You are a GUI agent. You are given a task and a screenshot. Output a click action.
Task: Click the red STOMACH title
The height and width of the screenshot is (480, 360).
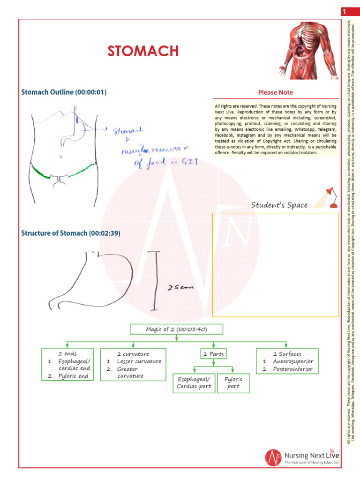(x=143, y=51)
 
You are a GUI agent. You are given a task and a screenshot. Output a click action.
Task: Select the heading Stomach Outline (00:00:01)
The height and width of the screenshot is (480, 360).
(x=64, y=92)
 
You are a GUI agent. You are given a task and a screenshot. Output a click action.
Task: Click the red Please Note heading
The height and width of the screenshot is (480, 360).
(x=276, y=92)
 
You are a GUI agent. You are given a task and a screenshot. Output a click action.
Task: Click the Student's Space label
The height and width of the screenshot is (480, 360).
(x=279, y=205)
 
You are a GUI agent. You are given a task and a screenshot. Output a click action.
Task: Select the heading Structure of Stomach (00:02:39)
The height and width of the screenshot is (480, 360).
(x=70, y=233)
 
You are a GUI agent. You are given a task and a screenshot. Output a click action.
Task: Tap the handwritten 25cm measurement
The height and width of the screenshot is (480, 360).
(x=180, y=289)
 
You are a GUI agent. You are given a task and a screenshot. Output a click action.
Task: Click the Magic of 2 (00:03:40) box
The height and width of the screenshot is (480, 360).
(x=176, y=329)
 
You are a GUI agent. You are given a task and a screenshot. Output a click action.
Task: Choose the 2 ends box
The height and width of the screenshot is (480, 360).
(x=68, y=364)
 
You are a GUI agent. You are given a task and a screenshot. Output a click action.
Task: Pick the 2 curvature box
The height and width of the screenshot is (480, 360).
(x=133, y=364)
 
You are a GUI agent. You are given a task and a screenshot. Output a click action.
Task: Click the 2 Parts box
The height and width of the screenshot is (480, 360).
(x=213, y=354)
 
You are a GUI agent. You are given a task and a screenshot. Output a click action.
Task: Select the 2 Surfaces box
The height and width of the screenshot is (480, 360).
(x=287, y=361)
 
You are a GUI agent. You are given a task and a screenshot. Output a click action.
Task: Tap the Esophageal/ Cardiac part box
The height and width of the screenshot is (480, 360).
(x=194, y=382)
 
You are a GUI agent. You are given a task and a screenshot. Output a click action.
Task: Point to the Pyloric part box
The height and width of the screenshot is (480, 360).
(x=233, y=382)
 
